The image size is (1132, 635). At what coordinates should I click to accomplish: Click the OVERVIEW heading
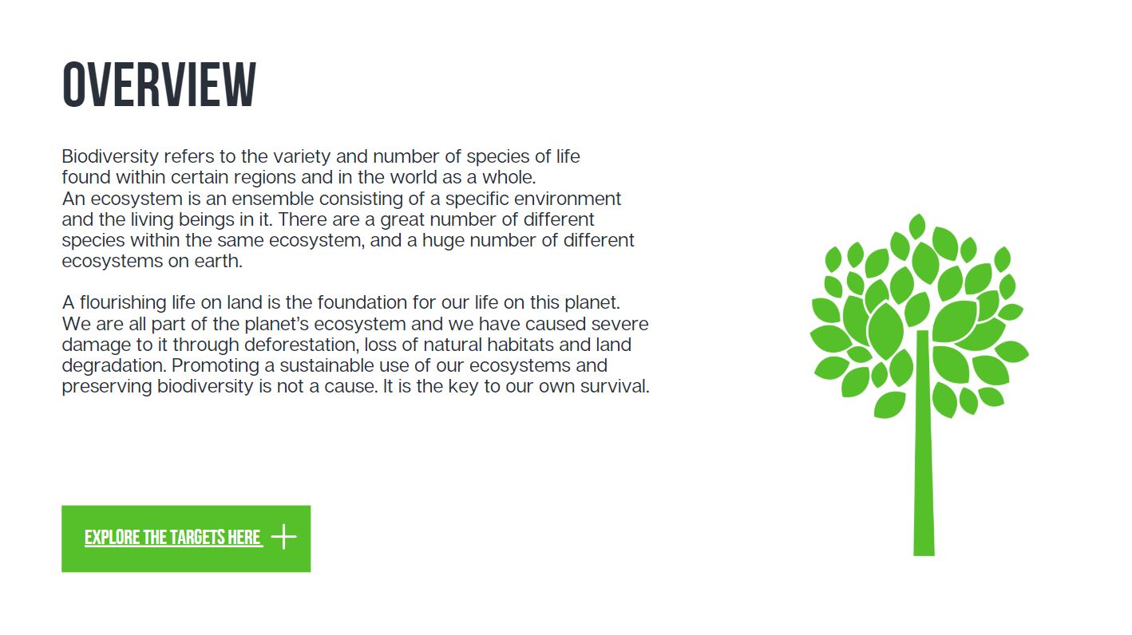(159, 85)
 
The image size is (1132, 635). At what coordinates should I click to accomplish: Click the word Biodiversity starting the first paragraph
(110, 157)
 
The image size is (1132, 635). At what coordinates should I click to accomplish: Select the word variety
(302, 157)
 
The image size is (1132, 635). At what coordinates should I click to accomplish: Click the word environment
(567, 199)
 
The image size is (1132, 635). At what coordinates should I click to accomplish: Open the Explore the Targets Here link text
(173, 538)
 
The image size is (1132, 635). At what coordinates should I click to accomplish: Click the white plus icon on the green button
(284, 537)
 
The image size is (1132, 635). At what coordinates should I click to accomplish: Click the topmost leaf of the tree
(916, 226)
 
